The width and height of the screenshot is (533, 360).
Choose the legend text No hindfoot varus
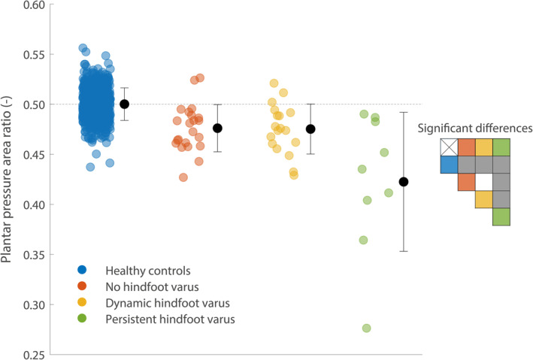pos(146,286)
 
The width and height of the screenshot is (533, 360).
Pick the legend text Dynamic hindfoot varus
pos(157,303)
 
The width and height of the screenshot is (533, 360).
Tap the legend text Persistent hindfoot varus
pos(160,319)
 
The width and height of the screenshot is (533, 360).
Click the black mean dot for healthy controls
pos(125,104)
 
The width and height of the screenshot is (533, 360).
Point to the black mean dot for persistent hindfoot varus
pos(404,182)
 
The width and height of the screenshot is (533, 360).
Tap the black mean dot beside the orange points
pos(217,128)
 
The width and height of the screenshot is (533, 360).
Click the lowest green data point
pos(366,328)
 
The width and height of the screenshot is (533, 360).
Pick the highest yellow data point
pos(274,83)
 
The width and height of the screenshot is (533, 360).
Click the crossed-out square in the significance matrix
pos(449,147)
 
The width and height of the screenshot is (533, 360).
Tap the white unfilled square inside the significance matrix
pos(484,182)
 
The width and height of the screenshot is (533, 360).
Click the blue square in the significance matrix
pos(449,164)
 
